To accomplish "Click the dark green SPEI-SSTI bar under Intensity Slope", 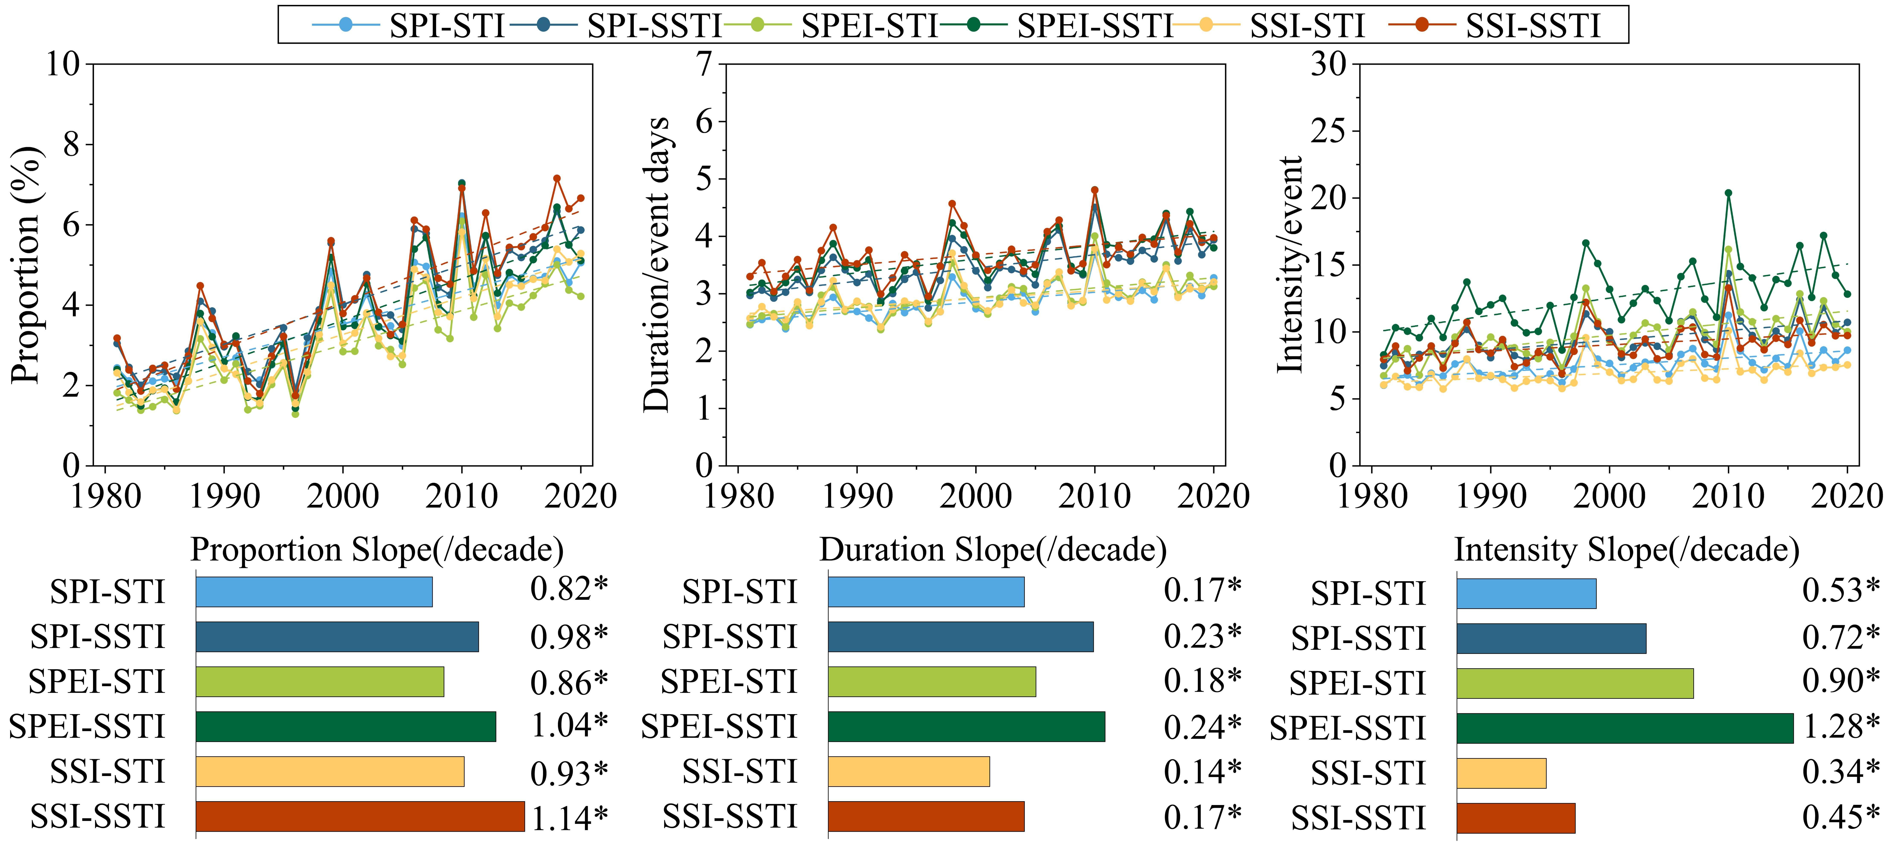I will point(1624,728).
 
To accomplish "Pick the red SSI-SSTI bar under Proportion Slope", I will point(360,817).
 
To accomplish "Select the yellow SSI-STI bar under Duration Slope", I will point(909,771).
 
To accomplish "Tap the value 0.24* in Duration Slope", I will point(1203,726).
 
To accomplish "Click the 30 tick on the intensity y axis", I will point(1329,64).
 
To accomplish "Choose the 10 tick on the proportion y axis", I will point(62,64).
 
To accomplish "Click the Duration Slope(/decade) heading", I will point(993,550).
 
